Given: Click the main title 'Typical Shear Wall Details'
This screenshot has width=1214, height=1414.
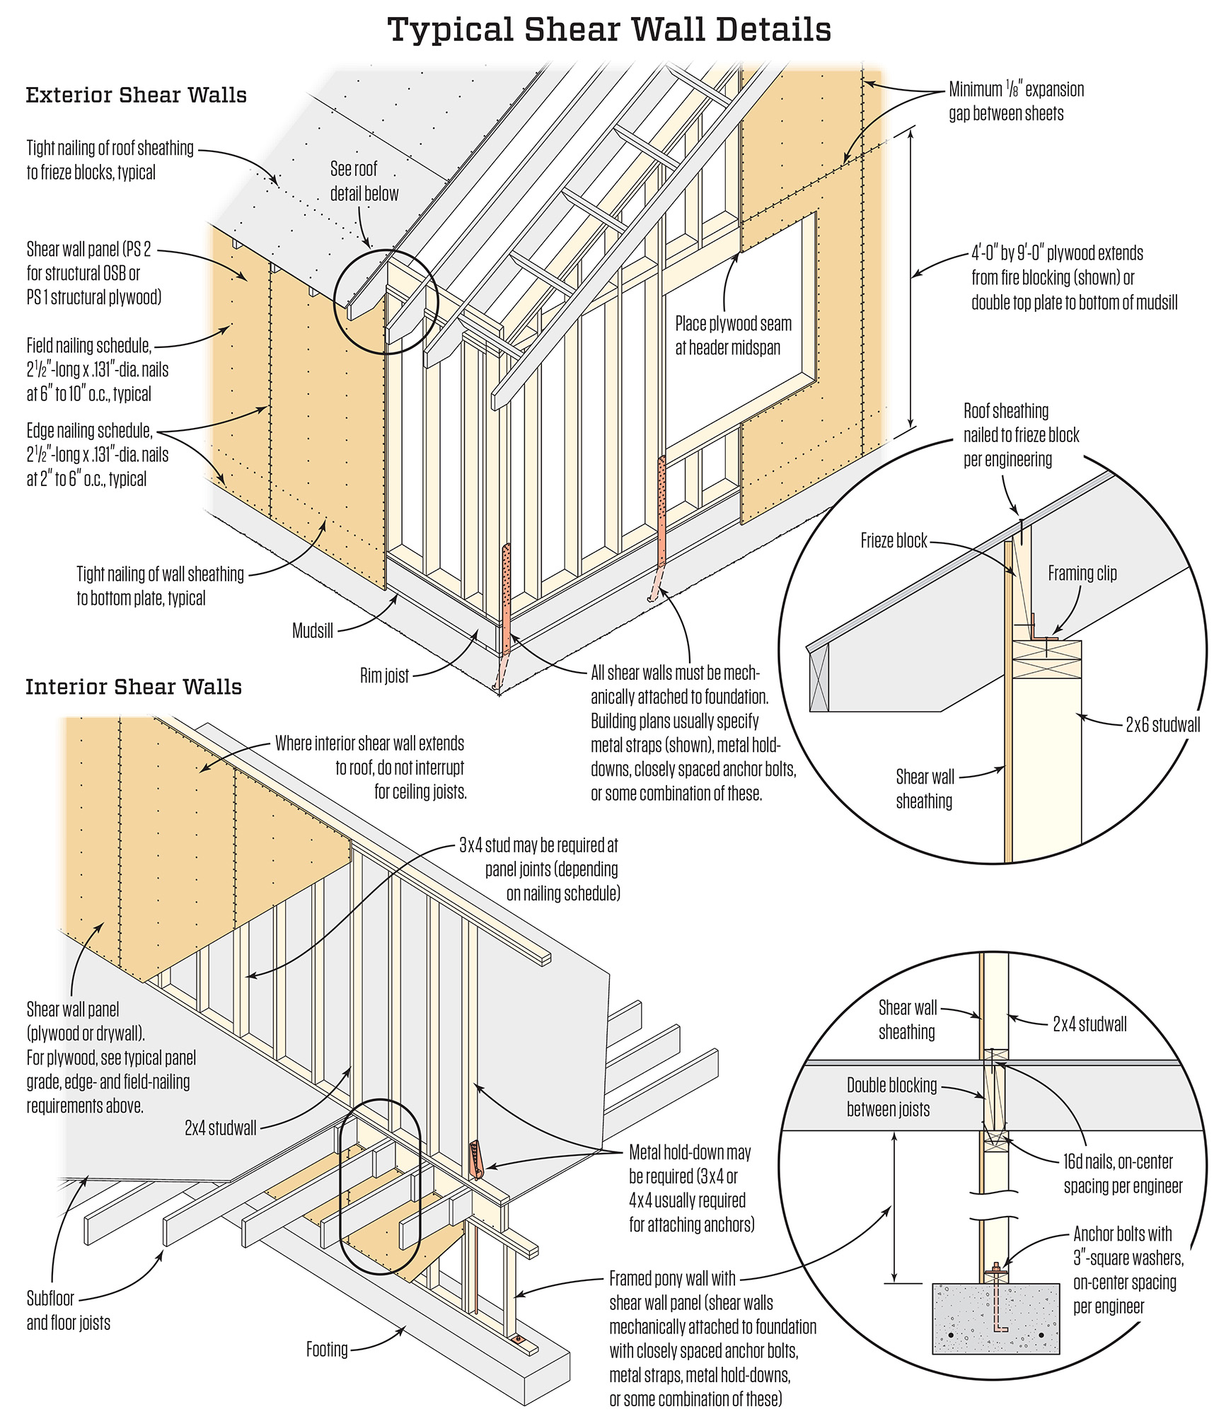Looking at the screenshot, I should click(x=609, y=30).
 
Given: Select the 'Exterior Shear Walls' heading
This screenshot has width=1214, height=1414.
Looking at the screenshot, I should click(x=136, y=95).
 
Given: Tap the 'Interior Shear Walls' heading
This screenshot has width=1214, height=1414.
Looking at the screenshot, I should click(x=134, y=687).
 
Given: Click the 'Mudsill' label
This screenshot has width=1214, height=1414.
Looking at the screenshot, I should click(x=312, y=630).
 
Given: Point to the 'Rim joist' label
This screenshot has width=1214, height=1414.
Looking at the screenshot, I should click(x=384, y=676).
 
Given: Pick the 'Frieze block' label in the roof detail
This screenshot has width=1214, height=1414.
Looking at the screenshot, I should click(x=893, y=541).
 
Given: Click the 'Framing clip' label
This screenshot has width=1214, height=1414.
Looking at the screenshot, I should click(x=1082, y=573).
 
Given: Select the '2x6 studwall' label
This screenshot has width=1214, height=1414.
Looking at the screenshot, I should click(x=1162, y=724).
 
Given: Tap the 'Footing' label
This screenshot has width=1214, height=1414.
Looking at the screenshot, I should click(x=327, y=1349).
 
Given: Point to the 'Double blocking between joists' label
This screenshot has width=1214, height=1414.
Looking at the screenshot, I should click(x=891, y=1097).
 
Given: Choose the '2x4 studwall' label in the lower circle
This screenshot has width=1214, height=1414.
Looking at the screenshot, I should click(x=1089, y=1024).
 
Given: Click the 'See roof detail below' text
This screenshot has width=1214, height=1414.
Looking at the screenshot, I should click(x=364, y=181).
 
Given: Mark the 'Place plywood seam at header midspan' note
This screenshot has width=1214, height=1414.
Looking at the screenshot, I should click(x=732, y=335).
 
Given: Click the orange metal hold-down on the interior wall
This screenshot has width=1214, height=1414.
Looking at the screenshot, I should click(x=475, y=1160).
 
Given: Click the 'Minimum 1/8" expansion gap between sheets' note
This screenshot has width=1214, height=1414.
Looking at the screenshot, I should click(x=1015, y=101).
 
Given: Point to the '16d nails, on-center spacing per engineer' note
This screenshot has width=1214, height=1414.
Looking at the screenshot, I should click(x=1122, y=1173).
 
